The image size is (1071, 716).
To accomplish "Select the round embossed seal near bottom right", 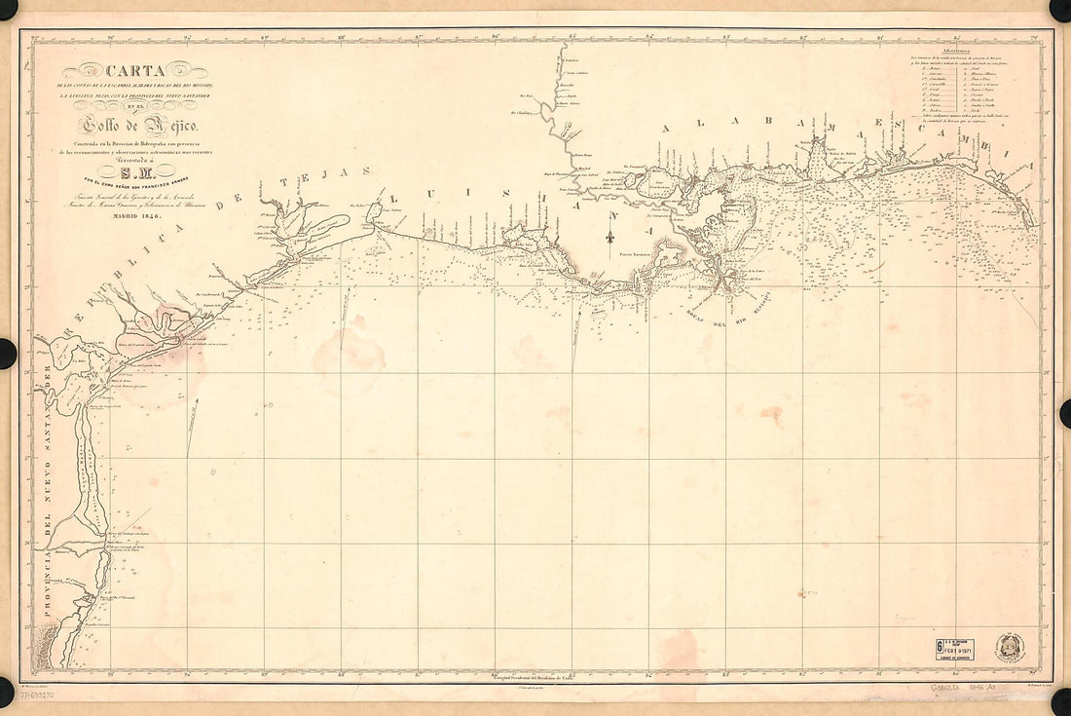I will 1011,647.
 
